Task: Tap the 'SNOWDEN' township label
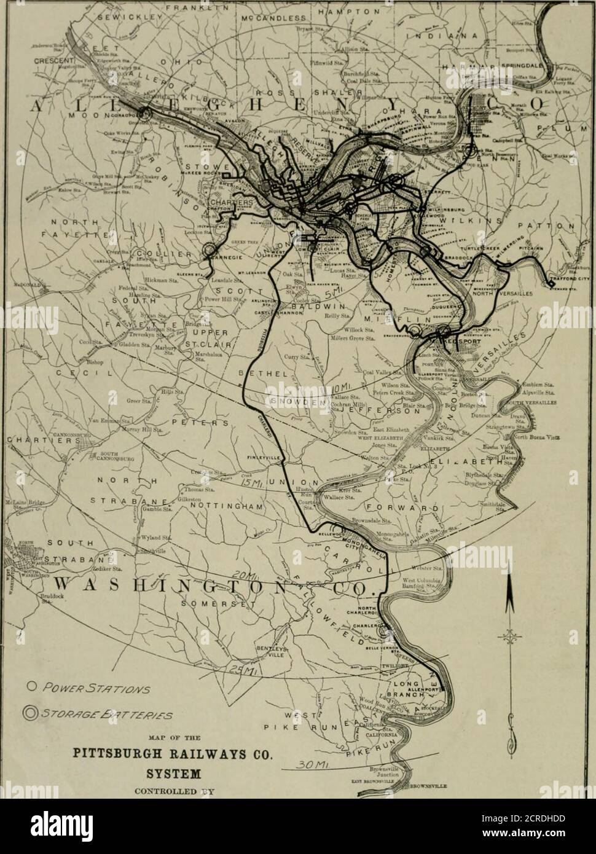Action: click(296, 400)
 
